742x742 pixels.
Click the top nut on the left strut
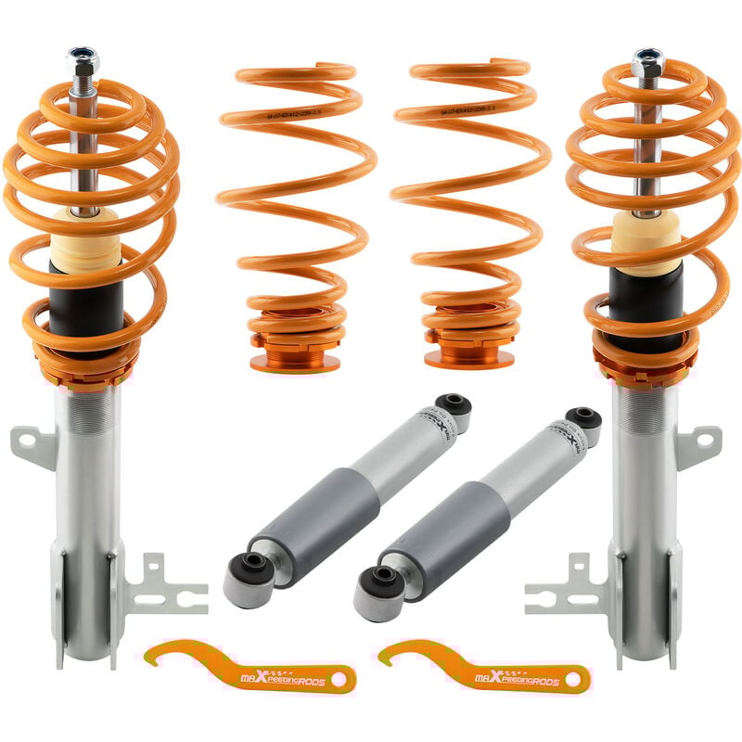click(x=83, y=58)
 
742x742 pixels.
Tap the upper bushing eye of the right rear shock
click(x=582, y=417)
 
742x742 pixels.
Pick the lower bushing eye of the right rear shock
click(x=381, y=582)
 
